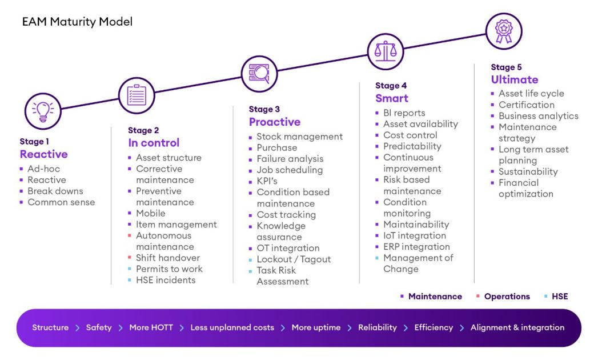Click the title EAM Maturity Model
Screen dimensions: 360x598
77,22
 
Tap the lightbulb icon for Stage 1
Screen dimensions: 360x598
43,111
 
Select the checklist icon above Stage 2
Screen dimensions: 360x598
137,95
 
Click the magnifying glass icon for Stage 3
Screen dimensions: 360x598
259,74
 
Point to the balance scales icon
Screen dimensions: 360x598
386,51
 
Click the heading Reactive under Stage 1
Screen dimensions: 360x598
43,154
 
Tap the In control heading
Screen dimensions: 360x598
154,143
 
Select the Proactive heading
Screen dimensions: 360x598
274,122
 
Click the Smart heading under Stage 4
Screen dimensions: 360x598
392,98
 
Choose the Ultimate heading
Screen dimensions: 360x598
514,80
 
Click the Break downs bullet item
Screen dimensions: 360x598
55,191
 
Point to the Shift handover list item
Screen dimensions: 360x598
167,258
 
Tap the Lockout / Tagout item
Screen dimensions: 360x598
294,259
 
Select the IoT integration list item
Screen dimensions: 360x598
414,235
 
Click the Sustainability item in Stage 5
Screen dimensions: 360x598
528,171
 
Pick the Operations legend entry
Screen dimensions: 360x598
507,297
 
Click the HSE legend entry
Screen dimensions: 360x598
559,297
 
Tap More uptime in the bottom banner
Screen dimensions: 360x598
316,327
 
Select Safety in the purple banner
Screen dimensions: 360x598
99,327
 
